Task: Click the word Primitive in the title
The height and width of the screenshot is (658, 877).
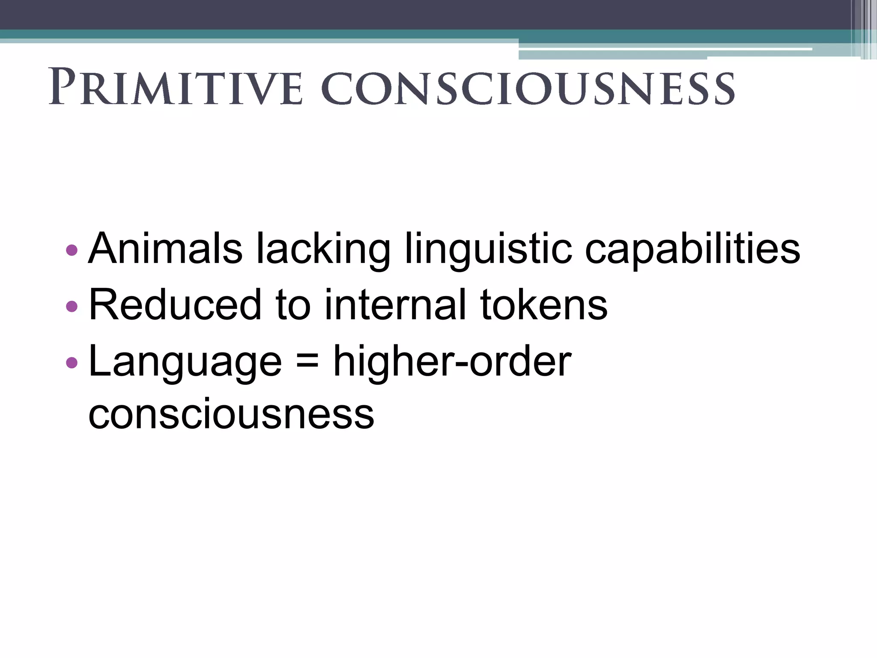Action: click(176, 87)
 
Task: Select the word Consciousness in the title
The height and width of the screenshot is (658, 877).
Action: click(528, 88)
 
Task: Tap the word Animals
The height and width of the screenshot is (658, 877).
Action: click(165, 248)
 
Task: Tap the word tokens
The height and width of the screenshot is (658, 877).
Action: click(544, 305)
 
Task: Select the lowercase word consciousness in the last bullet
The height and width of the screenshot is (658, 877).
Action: click(231, 414)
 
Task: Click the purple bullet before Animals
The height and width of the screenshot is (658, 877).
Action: click(72, 249)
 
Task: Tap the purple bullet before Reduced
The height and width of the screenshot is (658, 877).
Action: click(72, 306)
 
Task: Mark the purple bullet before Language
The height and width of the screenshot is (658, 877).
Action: click(72, 362)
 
